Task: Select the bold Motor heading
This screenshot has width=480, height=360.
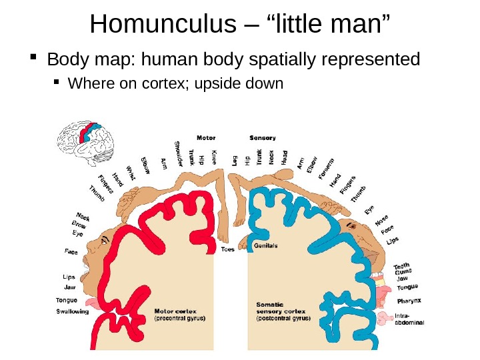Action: [205, 138]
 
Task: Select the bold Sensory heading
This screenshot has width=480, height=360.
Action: [262, 138]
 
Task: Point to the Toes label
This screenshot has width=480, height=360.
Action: [227, 250]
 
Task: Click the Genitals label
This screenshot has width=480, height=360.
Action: [266, 245]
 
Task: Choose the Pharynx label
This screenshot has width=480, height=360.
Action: [410, 301]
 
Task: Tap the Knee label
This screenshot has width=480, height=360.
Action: [214, 157]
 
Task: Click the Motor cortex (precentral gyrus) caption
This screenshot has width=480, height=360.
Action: [179, 315]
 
